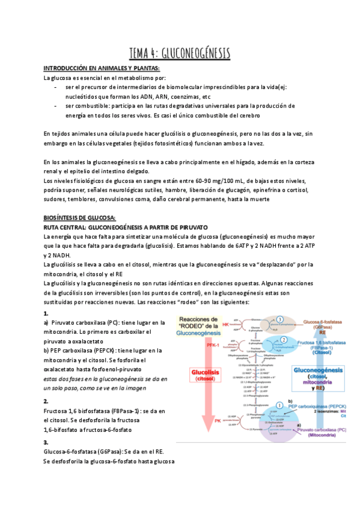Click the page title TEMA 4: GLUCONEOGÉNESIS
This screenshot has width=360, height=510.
click(x=180, y=53)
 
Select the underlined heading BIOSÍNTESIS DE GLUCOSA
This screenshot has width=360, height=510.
click(x=79, y=217)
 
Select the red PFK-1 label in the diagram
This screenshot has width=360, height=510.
click(x=210, y=345)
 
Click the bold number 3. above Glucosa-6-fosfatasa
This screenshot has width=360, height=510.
click(x=46, y=425)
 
